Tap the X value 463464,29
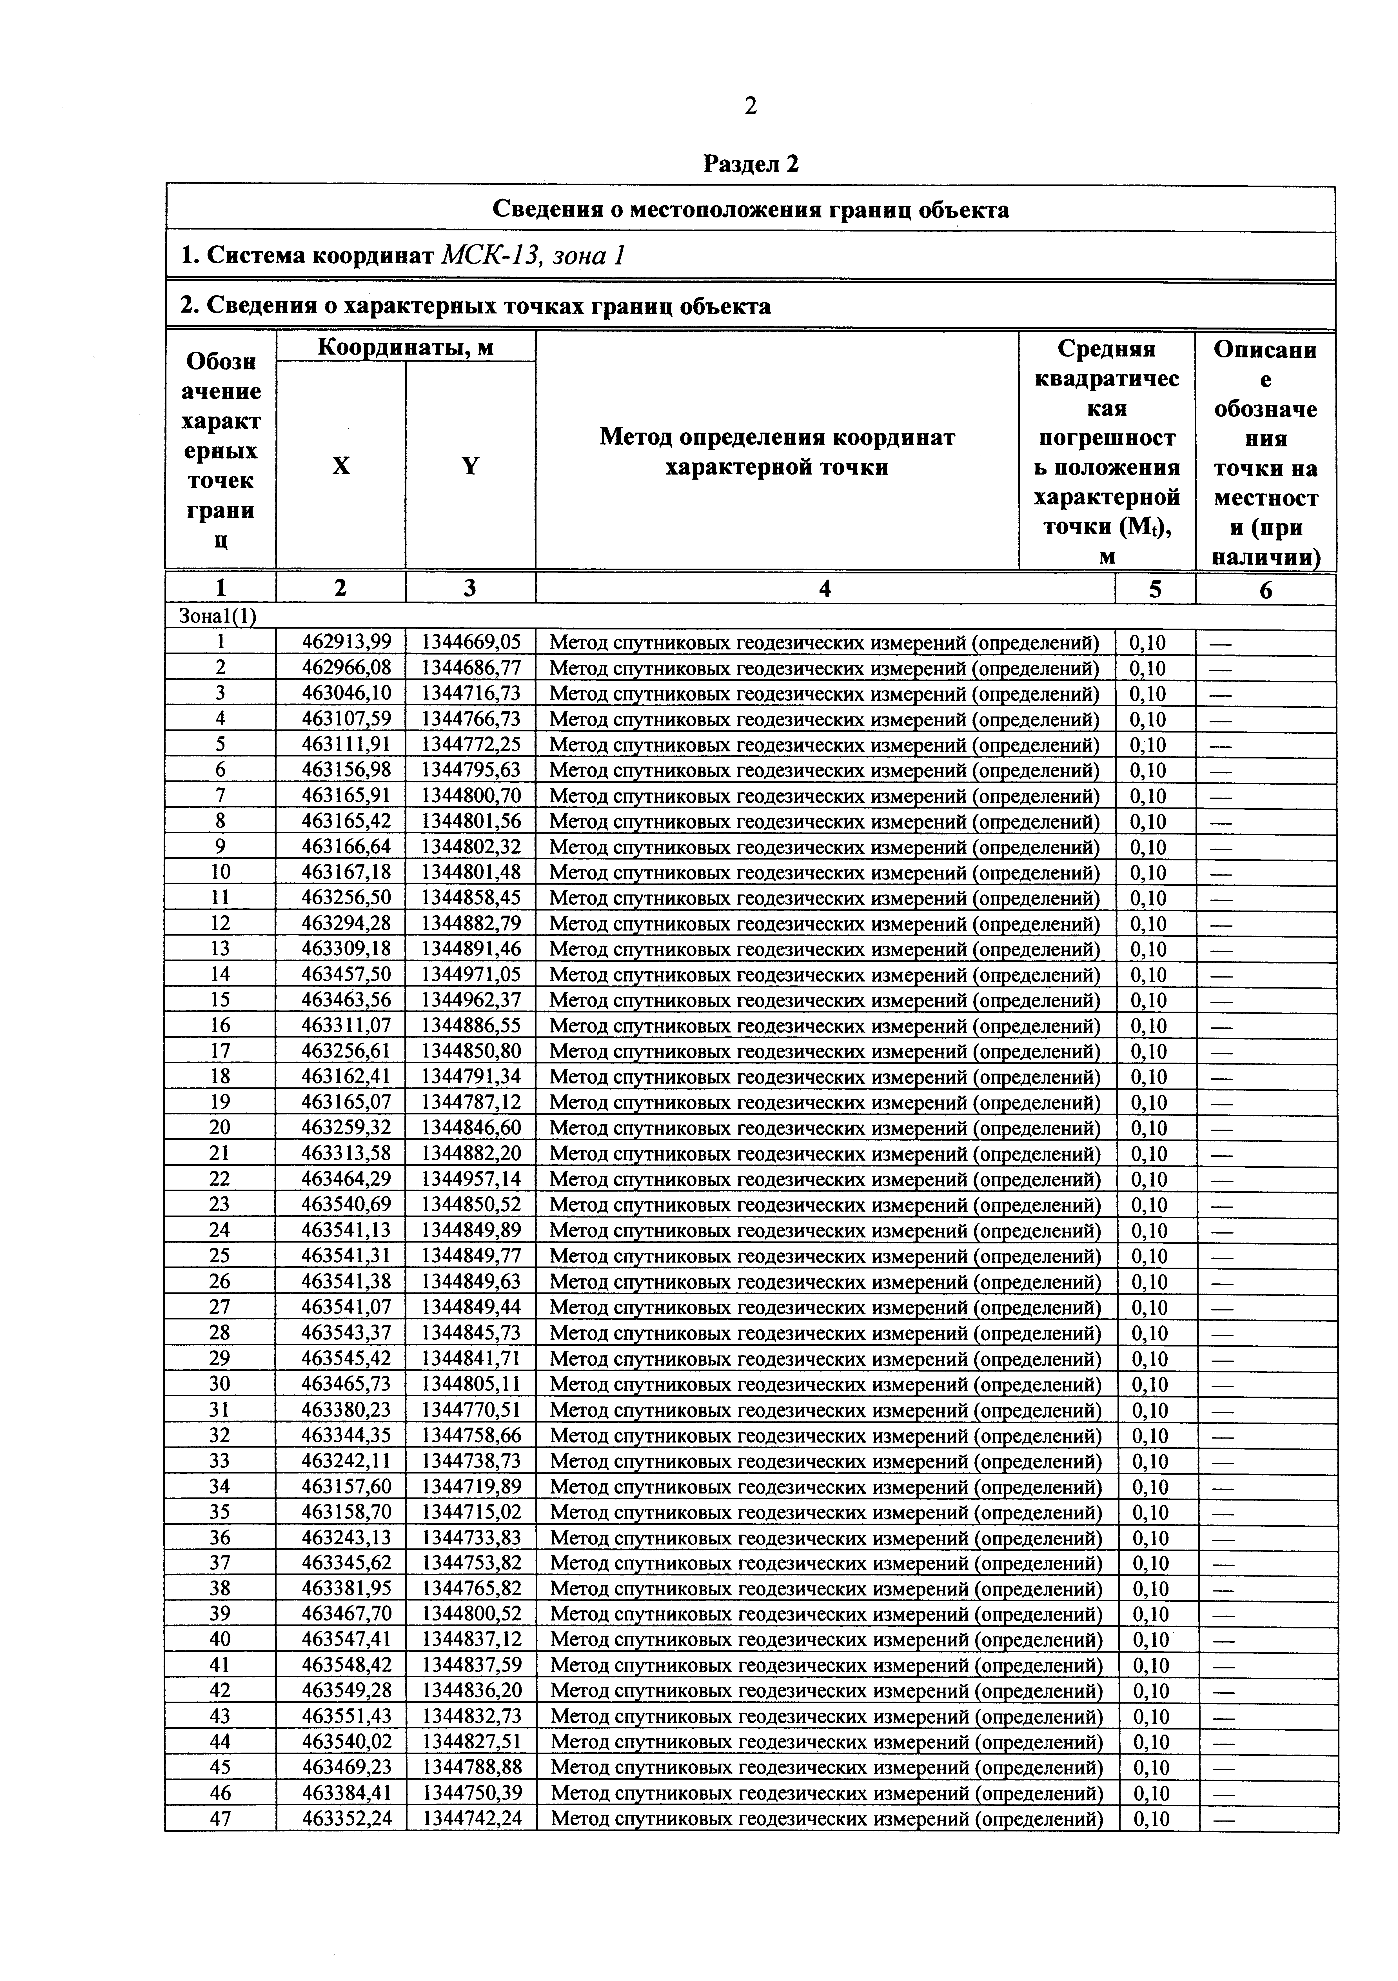(x=346, y=1179)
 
